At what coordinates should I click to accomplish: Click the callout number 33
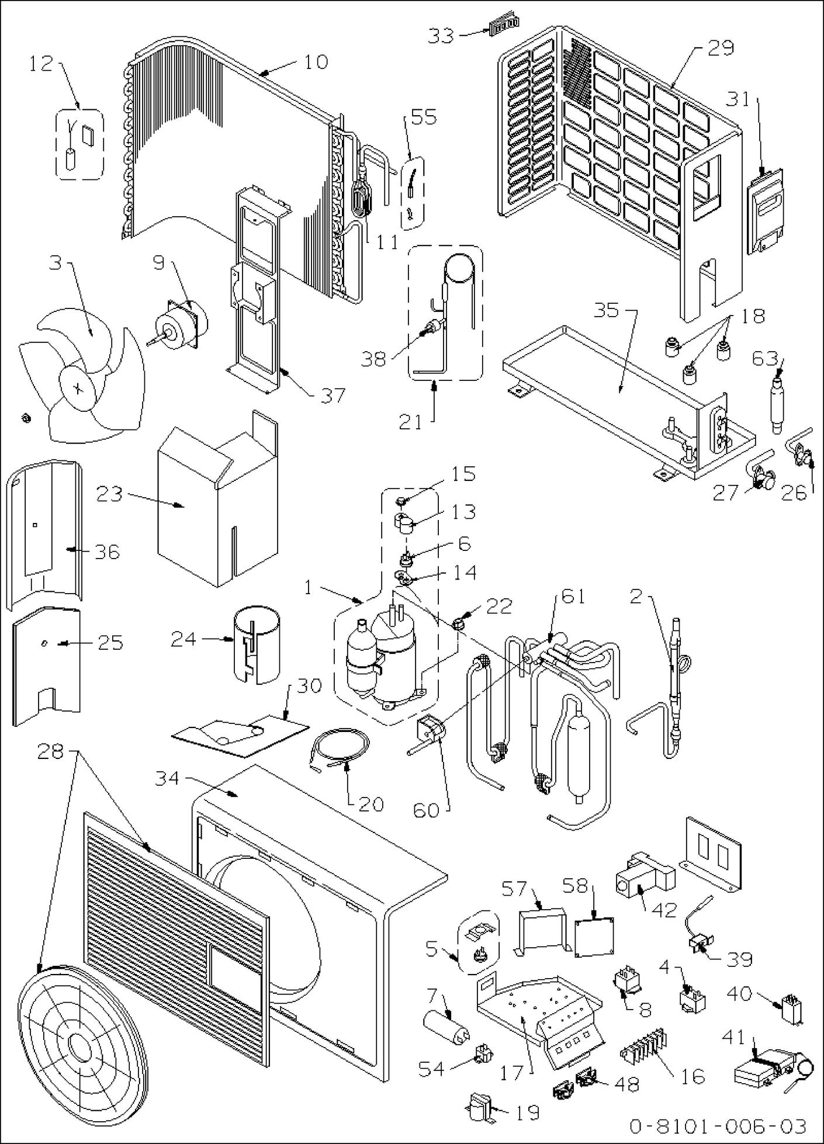[441, 36]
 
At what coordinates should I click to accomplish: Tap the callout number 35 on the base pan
[606, 310]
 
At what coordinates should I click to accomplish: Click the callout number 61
[573, 597]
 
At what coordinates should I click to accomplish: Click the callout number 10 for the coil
[316, 61]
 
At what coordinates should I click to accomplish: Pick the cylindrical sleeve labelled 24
[255, 646]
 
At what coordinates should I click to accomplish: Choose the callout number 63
[765, 358]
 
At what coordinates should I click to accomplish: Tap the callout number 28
[50, 752]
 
